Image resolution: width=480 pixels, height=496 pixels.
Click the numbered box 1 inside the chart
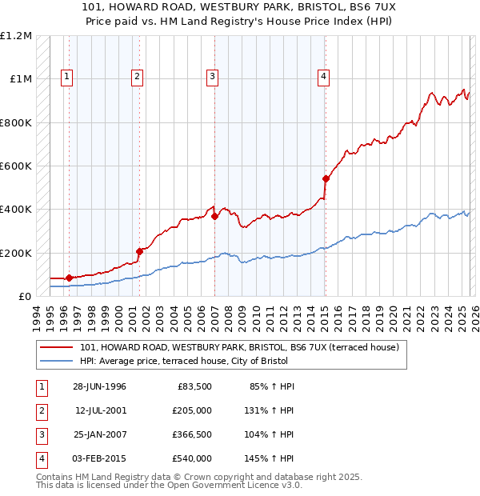[x=66, y=77]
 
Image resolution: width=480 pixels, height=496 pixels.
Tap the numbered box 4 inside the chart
[x=323, y=77]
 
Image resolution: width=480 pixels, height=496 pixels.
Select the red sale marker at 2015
[x=326, y=179]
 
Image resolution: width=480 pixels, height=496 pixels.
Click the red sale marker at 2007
[x=215, y=217]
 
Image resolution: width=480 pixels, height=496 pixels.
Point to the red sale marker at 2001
[x=139, y=251]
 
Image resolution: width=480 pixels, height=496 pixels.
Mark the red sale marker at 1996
[x=69, y=278]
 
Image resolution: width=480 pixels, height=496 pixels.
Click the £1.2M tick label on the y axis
[x=16, y=36]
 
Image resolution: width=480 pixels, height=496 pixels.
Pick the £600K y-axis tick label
[x=16, y=166]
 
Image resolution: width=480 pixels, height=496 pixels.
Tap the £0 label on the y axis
[x=24, y=296]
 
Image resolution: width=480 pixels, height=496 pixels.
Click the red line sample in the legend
[x=56, y=348]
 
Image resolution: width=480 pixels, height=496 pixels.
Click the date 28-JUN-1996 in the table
[x=99, y=386]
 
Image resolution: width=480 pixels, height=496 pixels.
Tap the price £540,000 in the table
[x=191, y=458]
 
